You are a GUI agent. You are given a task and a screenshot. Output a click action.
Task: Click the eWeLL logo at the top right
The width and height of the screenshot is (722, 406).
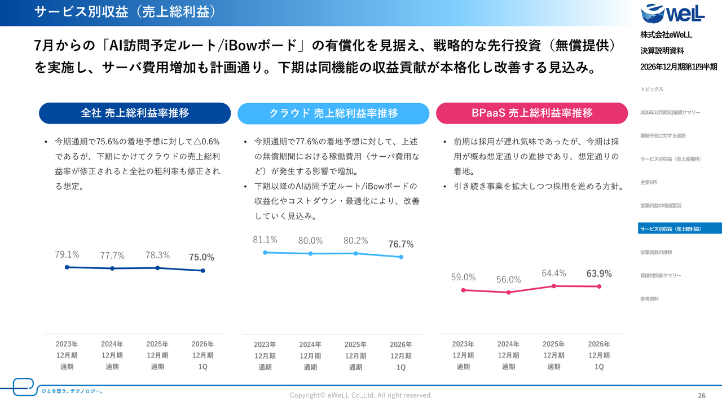(672, 14)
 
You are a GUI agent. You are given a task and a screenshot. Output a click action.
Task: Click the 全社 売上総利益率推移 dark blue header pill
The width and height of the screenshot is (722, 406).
(135, 113)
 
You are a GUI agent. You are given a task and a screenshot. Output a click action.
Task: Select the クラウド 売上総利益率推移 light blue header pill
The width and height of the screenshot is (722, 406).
(333, 113)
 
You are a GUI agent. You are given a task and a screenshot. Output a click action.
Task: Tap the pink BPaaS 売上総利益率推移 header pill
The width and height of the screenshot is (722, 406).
(532, 113)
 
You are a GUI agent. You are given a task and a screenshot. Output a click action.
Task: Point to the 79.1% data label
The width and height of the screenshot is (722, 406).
(67, 254)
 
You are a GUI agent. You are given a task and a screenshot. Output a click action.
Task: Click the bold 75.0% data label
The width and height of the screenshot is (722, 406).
(201, 257)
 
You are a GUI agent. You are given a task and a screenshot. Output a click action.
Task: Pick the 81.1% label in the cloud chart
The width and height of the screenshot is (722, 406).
(265, 240)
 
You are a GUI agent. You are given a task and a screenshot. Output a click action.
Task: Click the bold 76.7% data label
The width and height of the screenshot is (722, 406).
(400, 244)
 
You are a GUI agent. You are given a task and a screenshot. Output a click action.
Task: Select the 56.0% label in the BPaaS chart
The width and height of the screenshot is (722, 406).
(508, 279)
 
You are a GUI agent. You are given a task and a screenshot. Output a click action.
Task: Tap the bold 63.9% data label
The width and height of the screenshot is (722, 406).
(599, 273)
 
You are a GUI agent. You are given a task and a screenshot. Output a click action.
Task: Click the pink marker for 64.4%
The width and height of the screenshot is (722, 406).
(554, 286)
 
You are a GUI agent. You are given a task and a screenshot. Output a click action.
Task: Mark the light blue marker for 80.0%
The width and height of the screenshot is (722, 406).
(310, 254)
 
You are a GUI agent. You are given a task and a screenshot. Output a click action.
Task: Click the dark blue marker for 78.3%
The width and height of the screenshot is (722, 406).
(157, 268)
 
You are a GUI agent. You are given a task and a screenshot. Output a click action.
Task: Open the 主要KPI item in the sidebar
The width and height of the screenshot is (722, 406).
(648, 182)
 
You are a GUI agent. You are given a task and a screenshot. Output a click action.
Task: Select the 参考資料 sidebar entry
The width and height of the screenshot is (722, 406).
(649, 299)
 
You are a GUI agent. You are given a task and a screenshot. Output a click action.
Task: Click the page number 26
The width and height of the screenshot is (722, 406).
(702, 396)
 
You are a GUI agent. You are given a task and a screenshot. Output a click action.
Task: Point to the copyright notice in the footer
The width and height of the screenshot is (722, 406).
(360, 395)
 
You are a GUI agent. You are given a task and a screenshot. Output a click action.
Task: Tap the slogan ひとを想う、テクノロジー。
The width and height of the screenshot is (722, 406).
(73, 391)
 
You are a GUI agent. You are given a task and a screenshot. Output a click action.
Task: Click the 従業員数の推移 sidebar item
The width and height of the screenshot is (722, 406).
(656, 252)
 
